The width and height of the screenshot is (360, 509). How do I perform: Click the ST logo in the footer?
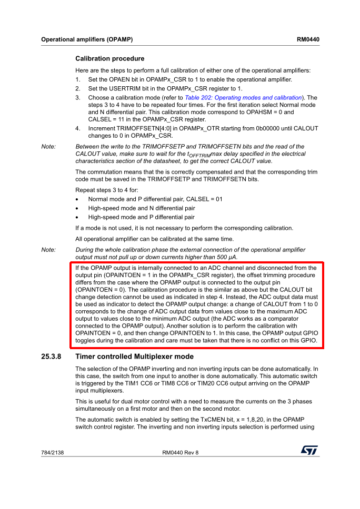[309, 451]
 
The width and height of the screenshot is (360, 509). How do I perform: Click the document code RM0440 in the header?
[308, 39]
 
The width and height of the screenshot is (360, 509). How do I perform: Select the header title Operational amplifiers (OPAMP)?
[87, 39]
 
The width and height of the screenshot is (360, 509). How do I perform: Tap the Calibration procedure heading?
[109, 58]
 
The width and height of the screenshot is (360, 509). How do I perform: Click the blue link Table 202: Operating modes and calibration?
[243, 98]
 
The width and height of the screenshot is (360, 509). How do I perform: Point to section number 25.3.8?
[51, 357]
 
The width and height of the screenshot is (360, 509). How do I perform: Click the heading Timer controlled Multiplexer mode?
[134, 357]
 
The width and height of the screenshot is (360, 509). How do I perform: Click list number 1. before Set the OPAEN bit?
[78, 80]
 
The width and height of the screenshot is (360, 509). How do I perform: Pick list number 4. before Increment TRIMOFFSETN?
[78, 128]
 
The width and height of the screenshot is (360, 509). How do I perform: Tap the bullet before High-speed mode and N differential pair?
[77, 208]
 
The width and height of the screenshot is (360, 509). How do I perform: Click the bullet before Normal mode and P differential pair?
[77, 199]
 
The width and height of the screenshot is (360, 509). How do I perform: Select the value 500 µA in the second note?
[225, 257]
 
